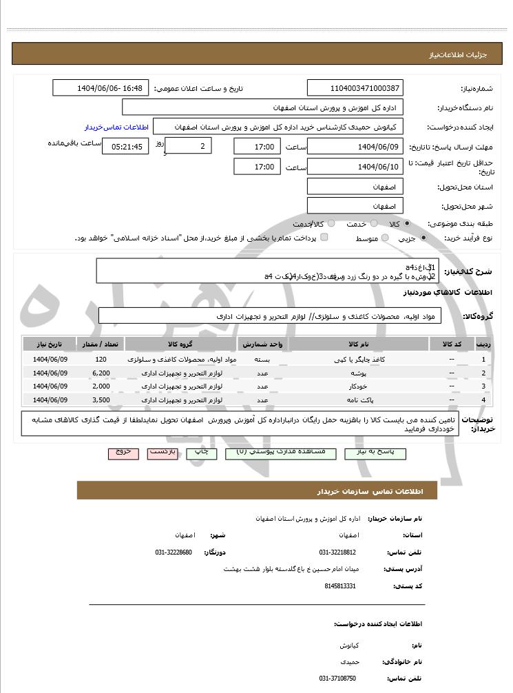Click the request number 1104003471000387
click(x=355, y=88)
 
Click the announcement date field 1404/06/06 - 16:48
click(x=101, y=88)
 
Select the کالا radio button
click(x=407, y=224)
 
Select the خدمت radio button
click(x=373, y=224)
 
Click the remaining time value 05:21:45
click(x=125, y=147)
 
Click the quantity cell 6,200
click(x=101, y=373)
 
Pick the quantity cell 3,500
click(x=101, y=400)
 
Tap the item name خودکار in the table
click(x=359, y=386)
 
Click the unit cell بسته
click(x=262, y=360)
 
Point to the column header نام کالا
click(x=359, y=344)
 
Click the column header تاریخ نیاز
click(x=50, y=344)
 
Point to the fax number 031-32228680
click(x=174, y=552)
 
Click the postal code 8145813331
click(x=339, y=586)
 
